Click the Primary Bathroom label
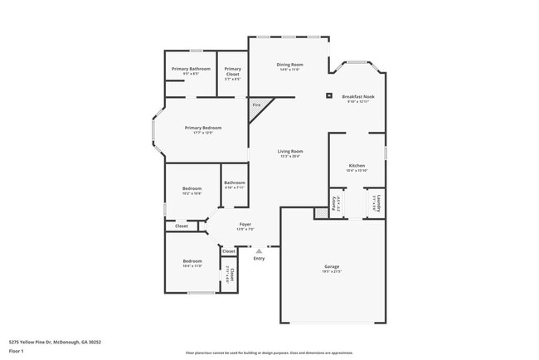[x=191, y=69]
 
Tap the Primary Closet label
[x=232, y=71]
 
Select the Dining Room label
[x=289, y=65]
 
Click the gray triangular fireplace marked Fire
[x=259, y=107]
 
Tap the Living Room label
[x=289, y=151]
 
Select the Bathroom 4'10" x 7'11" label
[x=235, y=182]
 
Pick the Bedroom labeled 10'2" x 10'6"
[x=192, y=188]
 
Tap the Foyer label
[x=245, y=224]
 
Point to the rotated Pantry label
[x=335, y=204]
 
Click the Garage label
[x=332, y=266]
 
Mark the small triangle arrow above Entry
[x=259, y=250]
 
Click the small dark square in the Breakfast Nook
[x=329, y=96]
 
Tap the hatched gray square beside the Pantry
[x=320, y=213]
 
